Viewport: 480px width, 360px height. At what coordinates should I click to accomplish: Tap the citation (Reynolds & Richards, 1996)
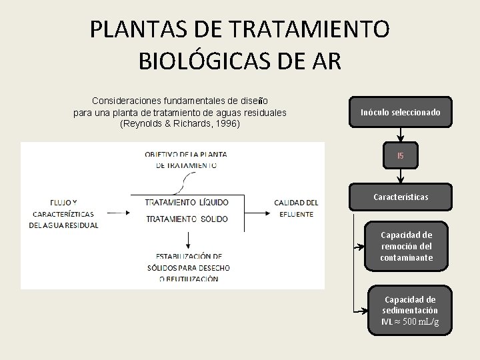point(179,123)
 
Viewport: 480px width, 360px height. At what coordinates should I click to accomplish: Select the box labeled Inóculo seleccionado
point(400,112)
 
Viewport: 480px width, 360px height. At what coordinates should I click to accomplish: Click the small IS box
point(400,156)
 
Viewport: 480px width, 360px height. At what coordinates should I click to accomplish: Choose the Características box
point(400,197)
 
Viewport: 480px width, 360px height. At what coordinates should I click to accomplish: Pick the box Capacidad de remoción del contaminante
point(406,246)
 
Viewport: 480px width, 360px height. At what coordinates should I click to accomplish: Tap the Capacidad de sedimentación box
point(410,311)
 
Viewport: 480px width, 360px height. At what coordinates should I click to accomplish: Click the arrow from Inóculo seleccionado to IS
point(400,134)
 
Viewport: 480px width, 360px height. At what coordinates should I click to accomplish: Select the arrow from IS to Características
point(400,175)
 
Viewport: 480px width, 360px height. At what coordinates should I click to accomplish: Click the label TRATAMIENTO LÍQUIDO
point(187,202)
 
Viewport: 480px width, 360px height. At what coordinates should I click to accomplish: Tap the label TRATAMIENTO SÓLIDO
point(187,219)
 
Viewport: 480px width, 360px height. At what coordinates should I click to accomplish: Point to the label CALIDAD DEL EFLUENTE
point(295,207)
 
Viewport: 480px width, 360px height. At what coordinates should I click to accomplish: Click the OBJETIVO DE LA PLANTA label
point(186,154)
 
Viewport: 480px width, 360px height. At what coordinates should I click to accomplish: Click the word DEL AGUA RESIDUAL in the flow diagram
point(64,225)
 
